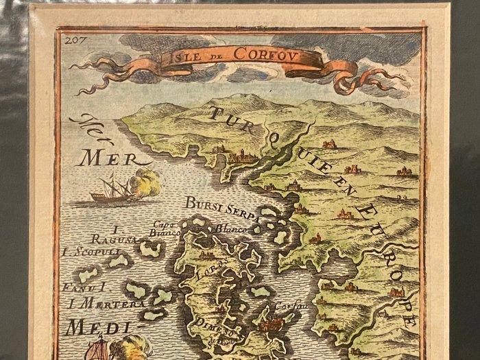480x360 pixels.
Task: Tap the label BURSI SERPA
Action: click(222, 204)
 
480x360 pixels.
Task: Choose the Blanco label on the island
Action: click(230, 228)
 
